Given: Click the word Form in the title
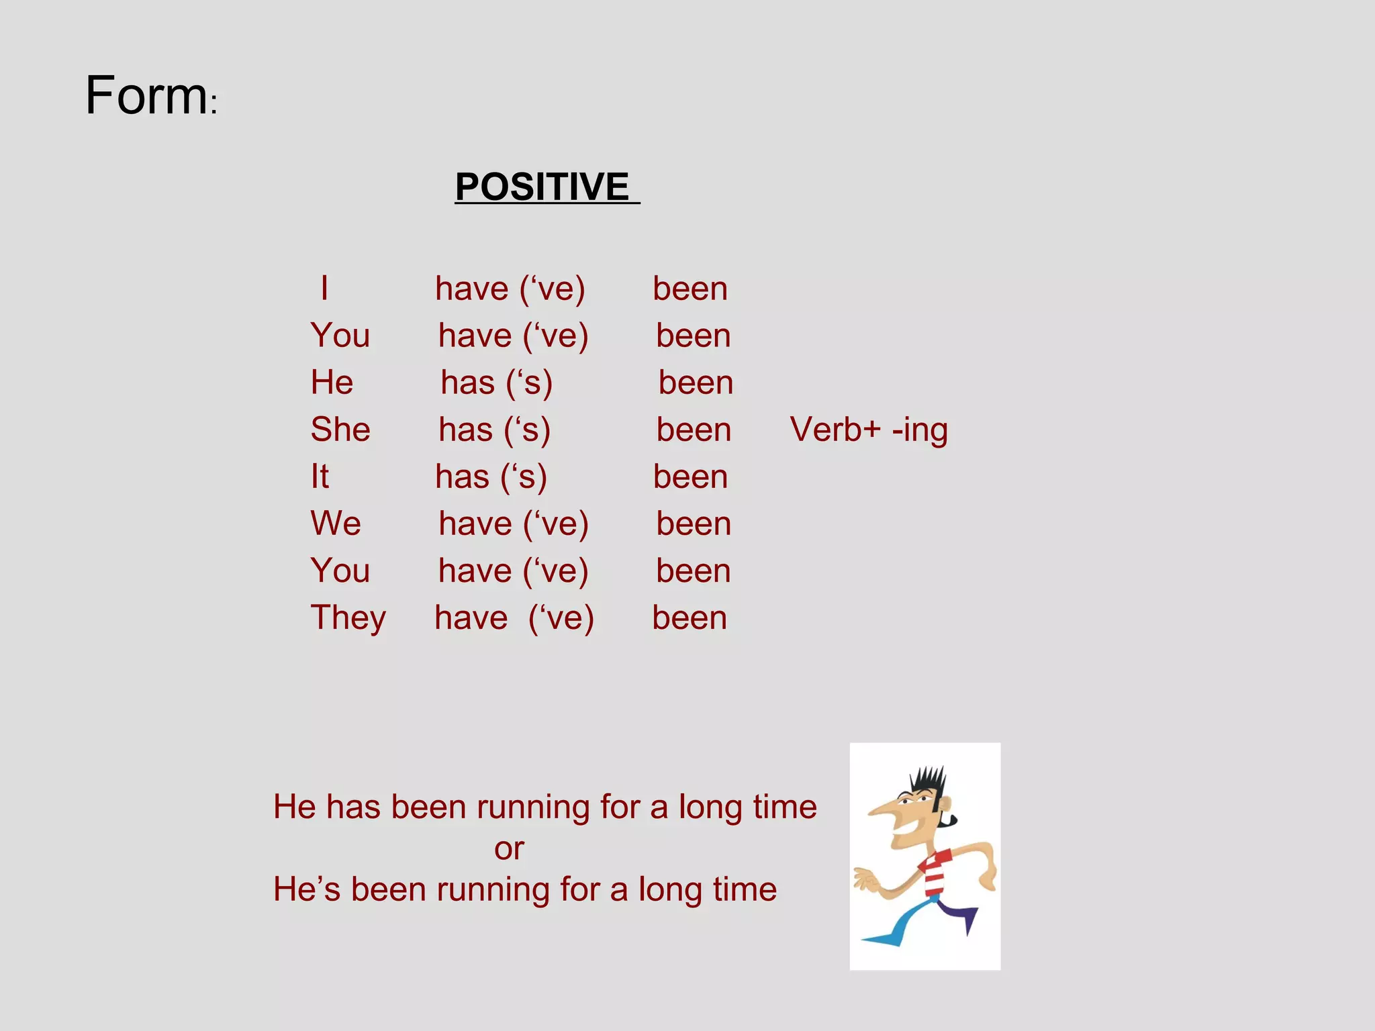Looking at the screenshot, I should tap(146, 96).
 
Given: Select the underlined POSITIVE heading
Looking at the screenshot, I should tap(542, 187).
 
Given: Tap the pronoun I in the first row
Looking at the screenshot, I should tap(324, 289).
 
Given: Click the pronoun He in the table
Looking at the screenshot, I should tap(332, 383).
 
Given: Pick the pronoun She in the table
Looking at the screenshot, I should tap(340, 430).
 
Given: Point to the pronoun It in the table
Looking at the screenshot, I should tap(320, 477).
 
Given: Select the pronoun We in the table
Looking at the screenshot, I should tap(335, 524).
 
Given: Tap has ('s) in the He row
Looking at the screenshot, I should tap(496, 383).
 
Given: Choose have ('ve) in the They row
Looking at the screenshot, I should tap(514, 618).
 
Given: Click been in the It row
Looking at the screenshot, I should tap(690, 477).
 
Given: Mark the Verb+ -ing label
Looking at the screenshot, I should tap(868, 430).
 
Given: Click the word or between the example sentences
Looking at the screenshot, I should tap(509, 849).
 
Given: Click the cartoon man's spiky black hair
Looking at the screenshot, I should tap(929, 783).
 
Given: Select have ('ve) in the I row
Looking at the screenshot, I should tap(510, 289).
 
